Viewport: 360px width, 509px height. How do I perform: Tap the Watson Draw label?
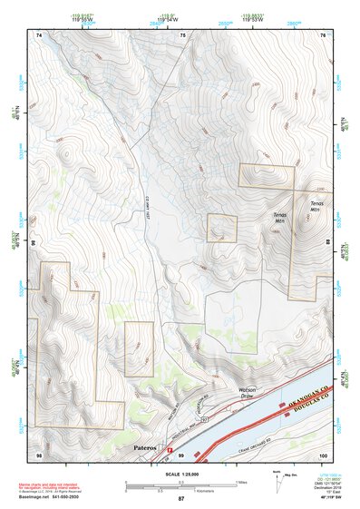click(x=251, y=393)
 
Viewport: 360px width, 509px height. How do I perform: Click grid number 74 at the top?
click(x=39, y=35)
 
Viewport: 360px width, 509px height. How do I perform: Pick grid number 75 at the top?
click(x=182, y=35)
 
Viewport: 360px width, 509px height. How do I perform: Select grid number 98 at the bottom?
click(x=39, y=454)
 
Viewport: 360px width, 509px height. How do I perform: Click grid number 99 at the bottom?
click(x=180, y=454)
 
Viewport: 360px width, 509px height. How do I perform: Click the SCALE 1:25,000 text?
click(x=180, y=474)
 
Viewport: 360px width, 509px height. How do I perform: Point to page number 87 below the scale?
click(x=180, y=499)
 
